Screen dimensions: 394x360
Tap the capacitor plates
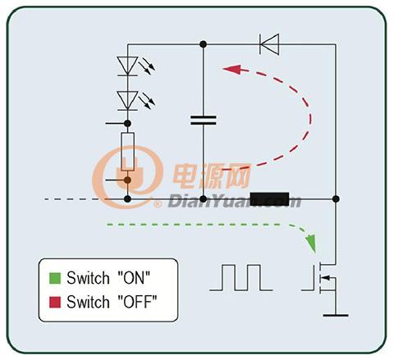(204, 120)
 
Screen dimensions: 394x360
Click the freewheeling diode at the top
(269, 44)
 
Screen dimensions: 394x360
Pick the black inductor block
(269, 199)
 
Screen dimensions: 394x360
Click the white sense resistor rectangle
(127, 152)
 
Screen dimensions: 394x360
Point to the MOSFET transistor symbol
(323, 279)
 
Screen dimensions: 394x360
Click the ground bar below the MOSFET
(336, 315)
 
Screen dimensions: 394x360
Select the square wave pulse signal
(241, 277)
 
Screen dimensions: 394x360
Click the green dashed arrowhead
(311, 243)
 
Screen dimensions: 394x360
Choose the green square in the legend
(55, 278)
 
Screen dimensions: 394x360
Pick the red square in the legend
(55, 303)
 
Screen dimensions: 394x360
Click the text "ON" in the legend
(134, 278)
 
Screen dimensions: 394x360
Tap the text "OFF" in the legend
(137, 302)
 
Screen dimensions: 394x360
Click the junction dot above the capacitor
(203, 44)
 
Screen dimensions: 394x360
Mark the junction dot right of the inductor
(336, 199)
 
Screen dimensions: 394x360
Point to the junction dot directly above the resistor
(127, 124)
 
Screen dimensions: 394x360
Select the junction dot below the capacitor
(203, 199)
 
